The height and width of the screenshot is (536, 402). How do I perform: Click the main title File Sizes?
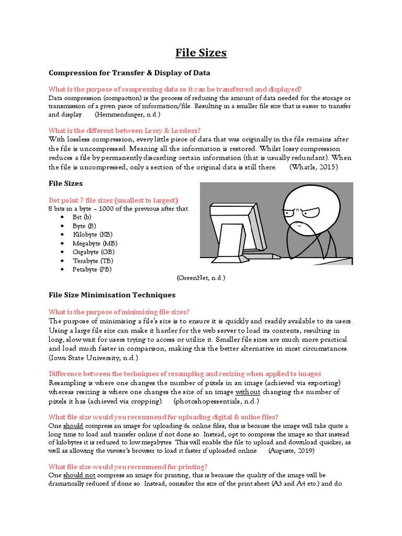click(201, 53)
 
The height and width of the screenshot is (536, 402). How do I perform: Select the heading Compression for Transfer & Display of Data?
click(129, 73)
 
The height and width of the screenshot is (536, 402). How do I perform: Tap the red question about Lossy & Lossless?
click(125, 130)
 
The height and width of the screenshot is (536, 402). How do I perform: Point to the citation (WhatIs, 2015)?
click(314, 167)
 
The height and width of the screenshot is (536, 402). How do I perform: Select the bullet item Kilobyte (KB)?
click(92, 234)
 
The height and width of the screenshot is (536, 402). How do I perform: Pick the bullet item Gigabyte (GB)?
click(93, 252)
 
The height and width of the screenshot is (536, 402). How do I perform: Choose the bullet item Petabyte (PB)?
click(92, 269)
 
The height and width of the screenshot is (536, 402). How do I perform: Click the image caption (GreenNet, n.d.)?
click(200, 278)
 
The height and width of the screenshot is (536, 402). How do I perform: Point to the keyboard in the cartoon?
click(256, 256)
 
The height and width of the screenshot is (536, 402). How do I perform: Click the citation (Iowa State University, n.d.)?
click(93, 358)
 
